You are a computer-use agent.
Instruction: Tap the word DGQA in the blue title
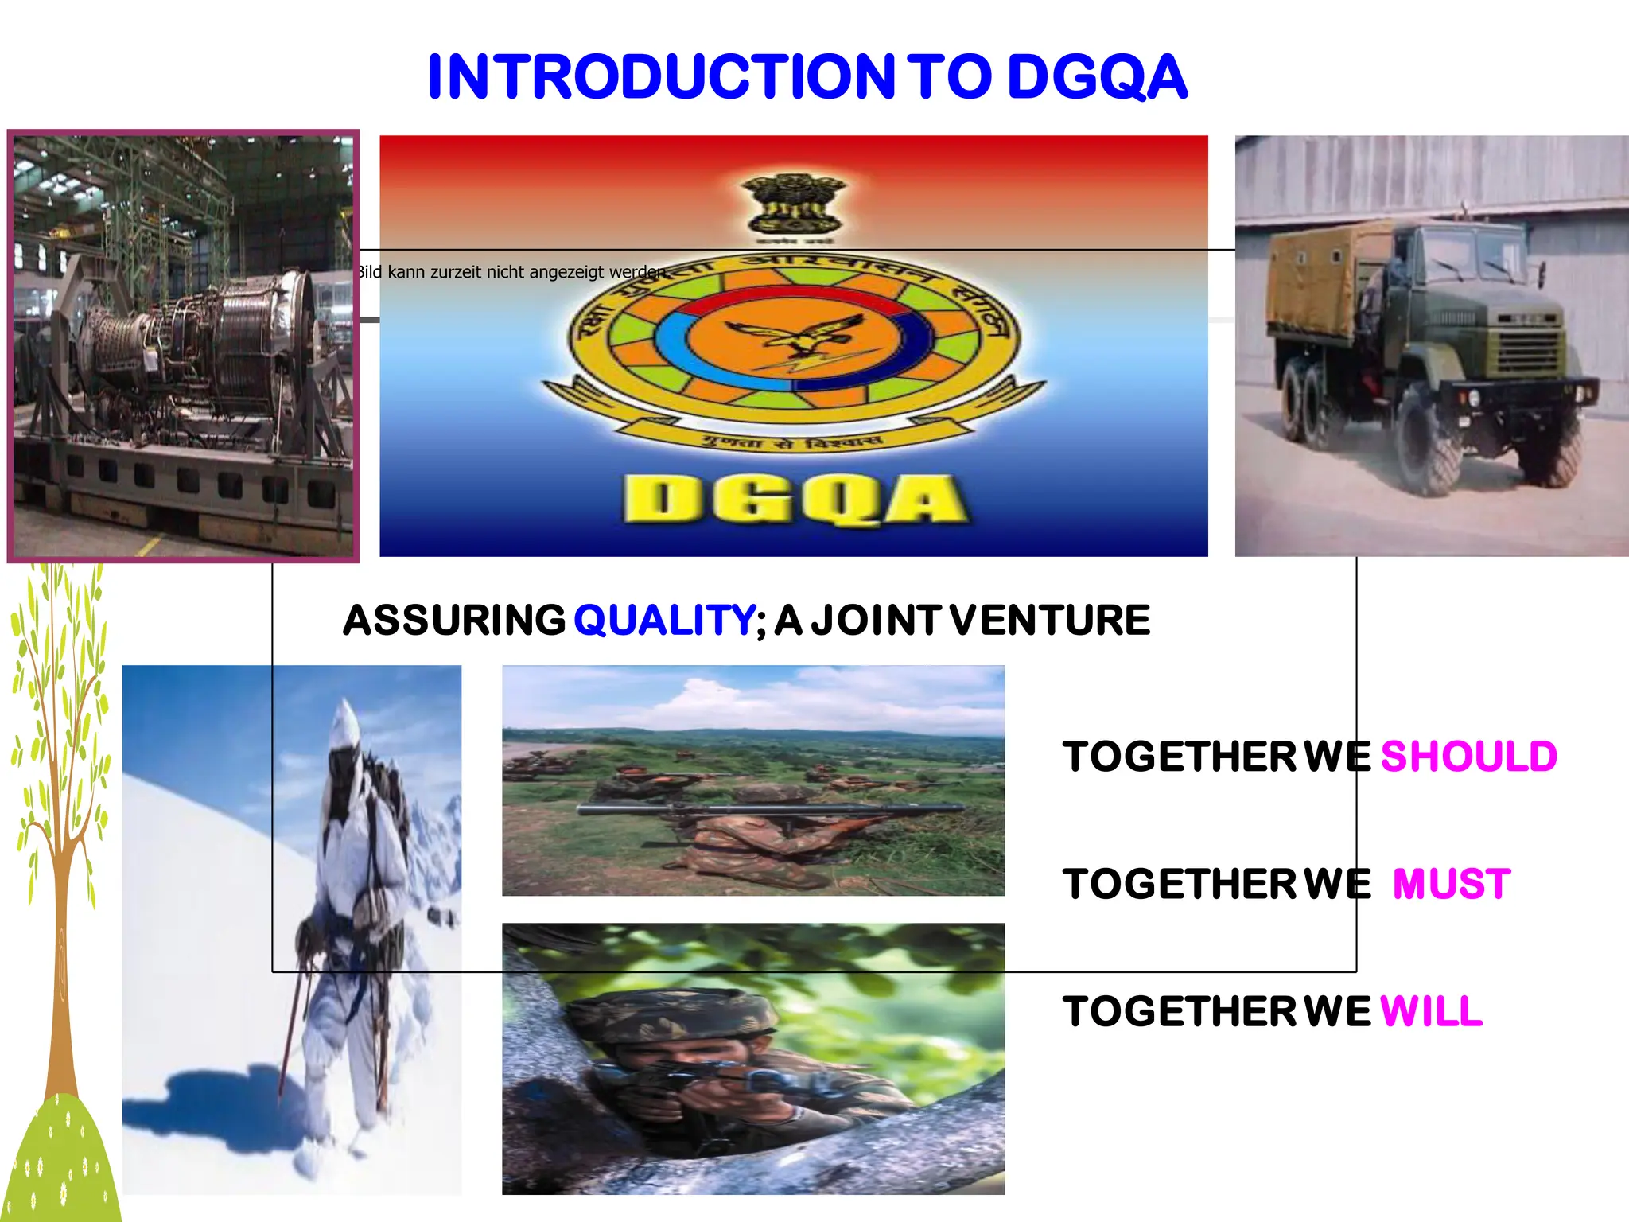point(1098,77)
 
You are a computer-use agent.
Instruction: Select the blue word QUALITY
point(663,621)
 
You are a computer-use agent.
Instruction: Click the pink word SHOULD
point(1468,757)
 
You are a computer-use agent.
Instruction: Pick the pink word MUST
point(1452,885)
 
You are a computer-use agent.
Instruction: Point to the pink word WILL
point(1431,1012)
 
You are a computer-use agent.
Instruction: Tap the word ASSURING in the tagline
point(454,621)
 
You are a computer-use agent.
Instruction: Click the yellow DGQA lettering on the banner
point(795,500)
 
